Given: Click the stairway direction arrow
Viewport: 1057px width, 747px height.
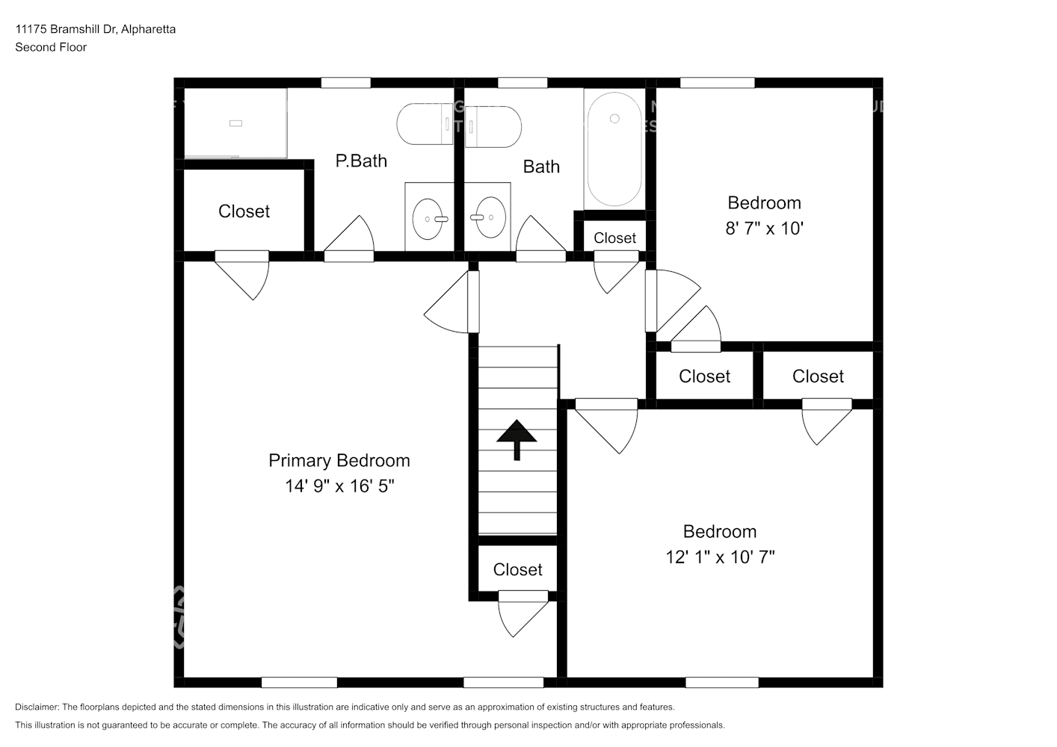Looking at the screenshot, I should pyautogui.click(x=517, y=439).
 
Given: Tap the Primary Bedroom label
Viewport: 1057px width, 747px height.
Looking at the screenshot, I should pyautogui.click(x=339, y=460).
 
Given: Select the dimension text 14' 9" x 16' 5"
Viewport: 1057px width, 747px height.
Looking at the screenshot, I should pyautogui.click(x=339, y=486).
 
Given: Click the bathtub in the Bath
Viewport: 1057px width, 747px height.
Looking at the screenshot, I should pyautogui.click(x=614, y=149).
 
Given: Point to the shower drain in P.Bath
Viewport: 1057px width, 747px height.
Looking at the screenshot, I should pyautogui.click(x=235, y=123).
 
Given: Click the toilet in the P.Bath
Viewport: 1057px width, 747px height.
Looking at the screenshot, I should pyautogui.click(x=425, y=125).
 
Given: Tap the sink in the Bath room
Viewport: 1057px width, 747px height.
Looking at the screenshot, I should pyautogui.click(x=490, y=217).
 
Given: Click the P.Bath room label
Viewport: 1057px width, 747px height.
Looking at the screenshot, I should pyautogui.click(x=361, y=161).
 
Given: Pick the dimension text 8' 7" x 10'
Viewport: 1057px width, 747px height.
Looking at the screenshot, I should pyautogui.click(x=764, y=229).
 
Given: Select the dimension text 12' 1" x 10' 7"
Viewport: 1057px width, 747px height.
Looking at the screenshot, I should pyautogui.click(x=720, y=557).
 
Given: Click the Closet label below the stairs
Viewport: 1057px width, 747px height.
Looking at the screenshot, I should pyautogui.click(x=517, y=570).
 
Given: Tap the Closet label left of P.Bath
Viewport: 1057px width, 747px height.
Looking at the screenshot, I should pyautogui.click(x=244, y=211).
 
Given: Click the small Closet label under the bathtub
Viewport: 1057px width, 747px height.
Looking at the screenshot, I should pyautogui.click(x=614, y=238).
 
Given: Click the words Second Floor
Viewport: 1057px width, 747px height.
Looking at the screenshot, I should pyautogui.click(x=51, y=47).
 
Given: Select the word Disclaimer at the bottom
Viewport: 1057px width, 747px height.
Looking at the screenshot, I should pyautogui.click(x=37, y=707).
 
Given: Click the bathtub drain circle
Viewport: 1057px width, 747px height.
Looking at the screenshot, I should pyautogui.click(x=614, y=119).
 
